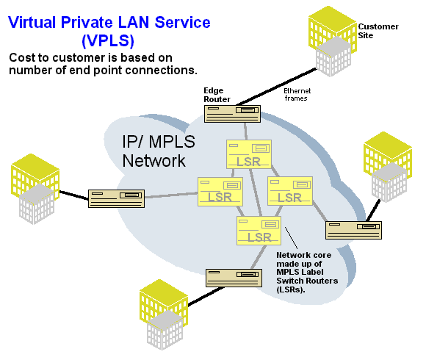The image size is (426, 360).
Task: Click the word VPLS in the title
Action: [x=108, y=40]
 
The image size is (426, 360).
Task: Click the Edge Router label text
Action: [x=217, y=95]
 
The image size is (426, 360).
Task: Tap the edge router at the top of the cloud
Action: [x=232, y=114]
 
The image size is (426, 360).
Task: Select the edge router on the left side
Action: [x=116, y=198]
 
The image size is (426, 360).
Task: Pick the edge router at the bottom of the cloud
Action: [x=234, y=278]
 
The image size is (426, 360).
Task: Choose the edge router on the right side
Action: [x=353, y=230]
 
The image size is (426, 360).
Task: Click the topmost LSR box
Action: [x=249, y=154]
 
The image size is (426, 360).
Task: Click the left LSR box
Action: [x=220, y=192]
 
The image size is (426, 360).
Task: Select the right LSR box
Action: [x=290, y=191]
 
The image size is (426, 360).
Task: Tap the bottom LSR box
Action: [x=259, y=231]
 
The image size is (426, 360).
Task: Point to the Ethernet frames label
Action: [x=297, y=95]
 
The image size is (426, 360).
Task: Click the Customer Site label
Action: [x=378, y=31]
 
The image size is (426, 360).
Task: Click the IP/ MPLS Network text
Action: [x=159, y=151]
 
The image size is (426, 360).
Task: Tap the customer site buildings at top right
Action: [x=333, y=41]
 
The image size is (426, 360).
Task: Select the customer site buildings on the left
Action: [x=35, y=189]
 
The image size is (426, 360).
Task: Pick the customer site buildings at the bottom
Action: [x=164, y=314]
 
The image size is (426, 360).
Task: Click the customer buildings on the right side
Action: [x=388, y=167]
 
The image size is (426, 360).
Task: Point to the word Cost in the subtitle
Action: [x=22, y=57]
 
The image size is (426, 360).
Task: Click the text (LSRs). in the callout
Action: [x=291, y=289]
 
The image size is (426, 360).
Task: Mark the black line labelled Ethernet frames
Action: [x=277, y=87]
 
